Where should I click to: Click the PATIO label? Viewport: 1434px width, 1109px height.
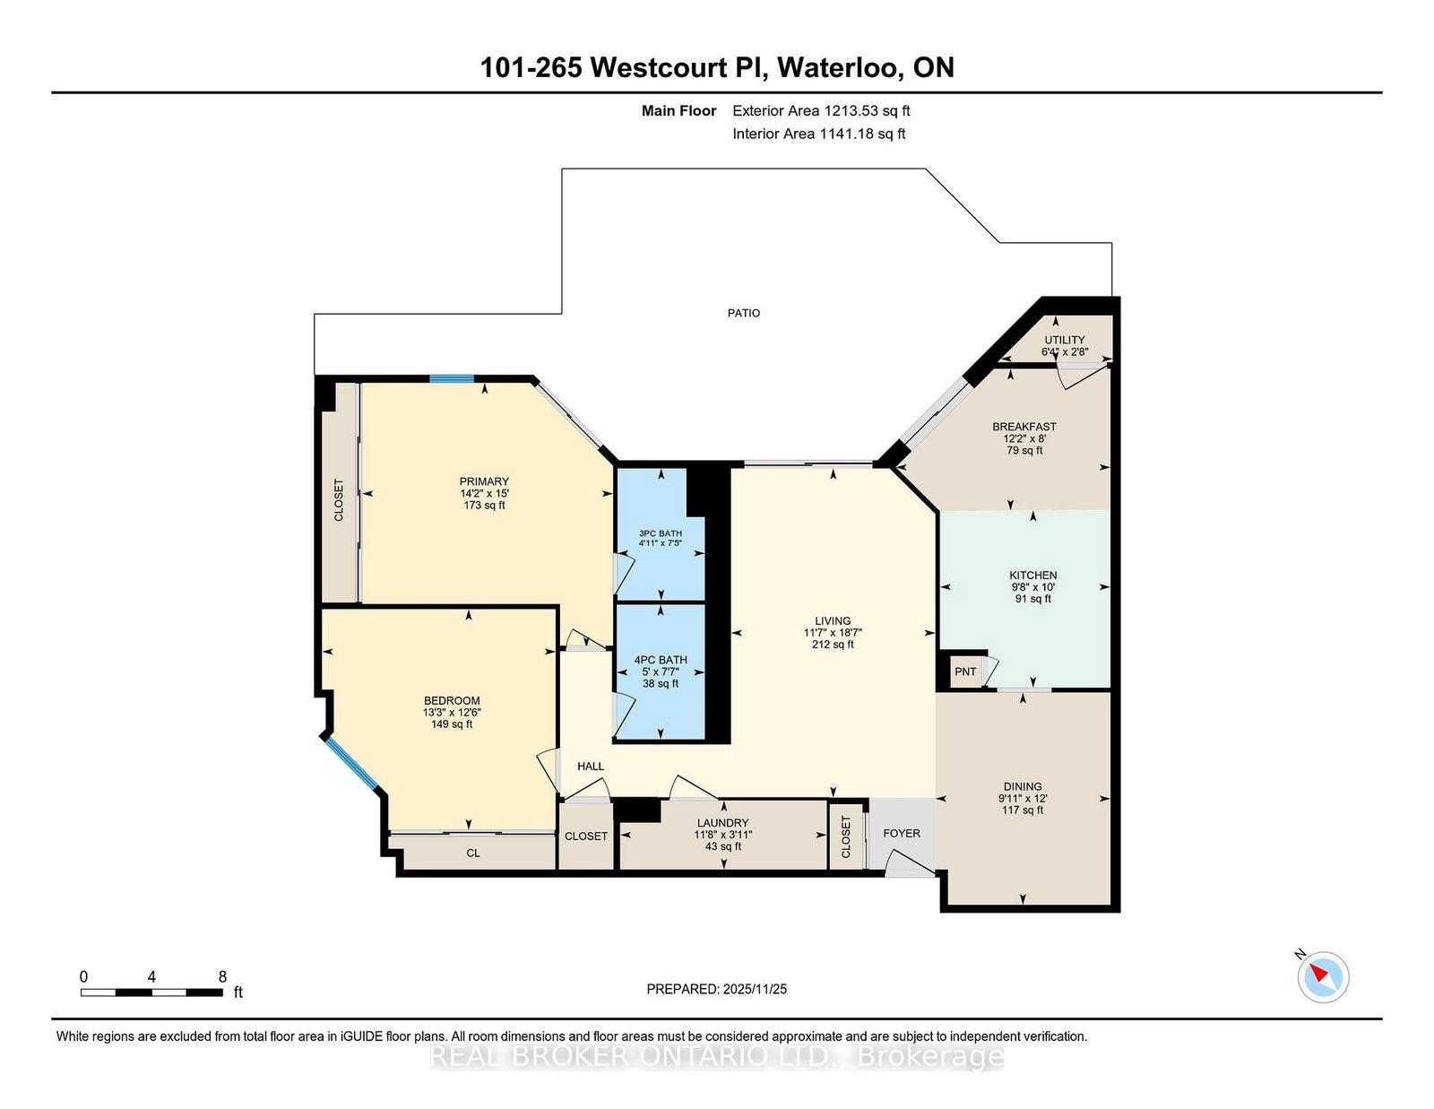tap(743, 313)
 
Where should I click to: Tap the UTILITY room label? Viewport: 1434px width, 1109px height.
tap(1064, 340)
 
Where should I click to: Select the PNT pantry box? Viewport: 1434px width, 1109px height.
tap(965, 671)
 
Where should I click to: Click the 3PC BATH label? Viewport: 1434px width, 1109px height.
tap(660, 533)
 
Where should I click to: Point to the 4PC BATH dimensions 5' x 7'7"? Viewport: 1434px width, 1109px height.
tap(661, 671)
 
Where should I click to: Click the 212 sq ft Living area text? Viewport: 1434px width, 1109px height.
tap(833, 645)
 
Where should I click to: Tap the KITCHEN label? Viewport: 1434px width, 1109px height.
tap(1032, 576)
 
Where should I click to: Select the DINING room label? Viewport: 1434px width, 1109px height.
tap(1022, 786)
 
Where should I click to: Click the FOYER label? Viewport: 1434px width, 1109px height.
tap(901, 833)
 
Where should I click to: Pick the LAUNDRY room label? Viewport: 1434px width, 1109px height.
tap(722, 823)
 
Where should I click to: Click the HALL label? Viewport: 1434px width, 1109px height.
tap(591, 766)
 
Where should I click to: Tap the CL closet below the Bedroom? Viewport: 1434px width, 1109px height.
tap(473, 853)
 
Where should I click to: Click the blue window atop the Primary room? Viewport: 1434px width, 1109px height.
tap(452, 379)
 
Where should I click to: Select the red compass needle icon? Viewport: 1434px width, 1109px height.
tap(1319, 974)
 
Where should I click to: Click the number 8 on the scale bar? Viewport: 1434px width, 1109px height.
tap(222, 976)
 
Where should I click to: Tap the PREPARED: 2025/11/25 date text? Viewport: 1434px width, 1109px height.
tap(716, 989)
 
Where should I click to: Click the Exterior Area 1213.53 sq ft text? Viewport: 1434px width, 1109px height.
tap(821, 111)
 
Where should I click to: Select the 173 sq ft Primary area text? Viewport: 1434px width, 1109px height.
tap(484, 505)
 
